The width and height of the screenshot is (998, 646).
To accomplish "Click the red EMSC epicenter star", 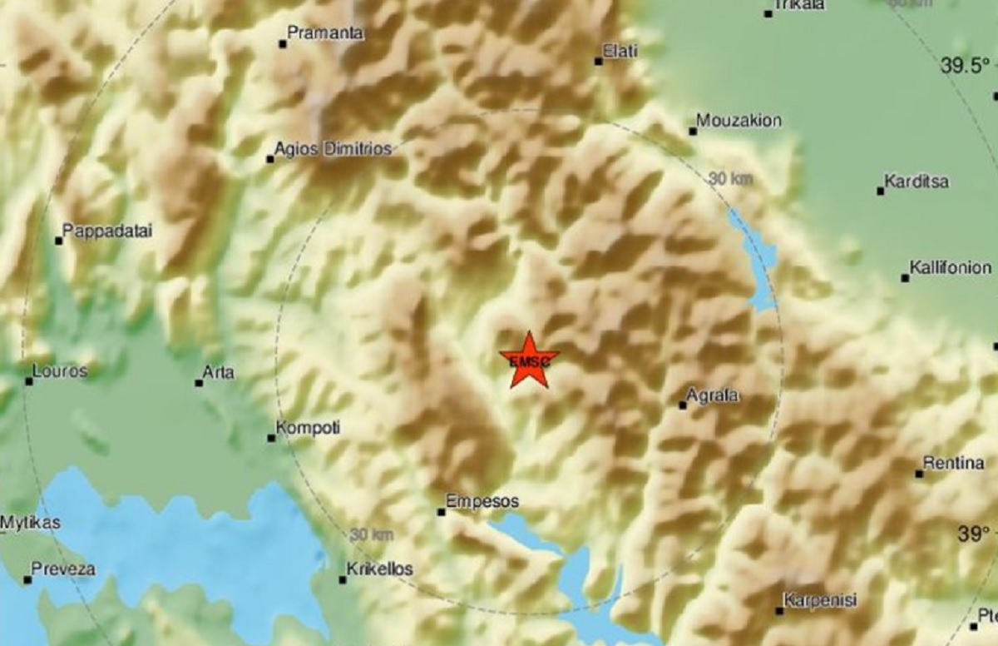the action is [529, 359].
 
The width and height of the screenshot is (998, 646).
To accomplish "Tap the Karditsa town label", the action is [916, 181].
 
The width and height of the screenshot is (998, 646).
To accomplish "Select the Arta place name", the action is [219, 372].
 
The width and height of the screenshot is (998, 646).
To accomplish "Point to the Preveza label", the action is [63, 569].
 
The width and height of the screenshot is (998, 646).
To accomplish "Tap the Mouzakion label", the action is [739, 121].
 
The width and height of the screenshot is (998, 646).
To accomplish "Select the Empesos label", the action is [482, 501].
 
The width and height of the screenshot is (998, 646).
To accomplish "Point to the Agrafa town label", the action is [714, 395].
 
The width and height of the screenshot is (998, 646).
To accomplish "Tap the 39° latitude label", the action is [973, 534].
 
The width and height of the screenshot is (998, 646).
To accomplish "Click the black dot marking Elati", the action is [598, 61].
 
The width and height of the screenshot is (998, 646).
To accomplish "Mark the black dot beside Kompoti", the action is [271, 438].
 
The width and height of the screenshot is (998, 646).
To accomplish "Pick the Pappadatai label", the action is [107, 231].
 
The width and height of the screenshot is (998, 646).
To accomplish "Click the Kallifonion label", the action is [951, 268].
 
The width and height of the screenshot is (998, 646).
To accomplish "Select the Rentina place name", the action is [954, 464].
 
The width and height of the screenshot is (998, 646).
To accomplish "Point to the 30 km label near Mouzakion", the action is [731, 178].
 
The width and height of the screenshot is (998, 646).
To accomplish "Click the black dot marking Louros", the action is [29, 381].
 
